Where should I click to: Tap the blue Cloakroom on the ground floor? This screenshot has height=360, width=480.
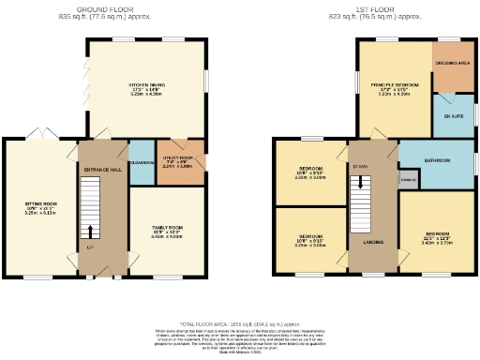click(x=140, y=161)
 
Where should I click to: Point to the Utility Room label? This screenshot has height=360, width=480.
click(x=177, y=160)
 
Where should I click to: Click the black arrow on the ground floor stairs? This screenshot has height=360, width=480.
click(x=91, y=232)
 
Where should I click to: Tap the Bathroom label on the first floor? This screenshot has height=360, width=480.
click(x=436, y=160)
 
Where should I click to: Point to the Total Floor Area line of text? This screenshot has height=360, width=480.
click(x=240, y=322)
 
